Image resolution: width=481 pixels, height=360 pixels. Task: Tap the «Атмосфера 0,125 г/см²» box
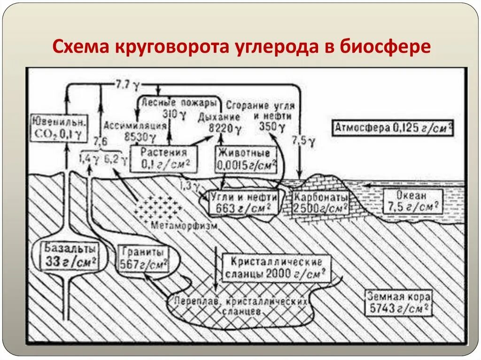(393, 127)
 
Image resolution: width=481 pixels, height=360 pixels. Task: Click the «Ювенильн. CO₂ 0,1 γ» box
(59, 128)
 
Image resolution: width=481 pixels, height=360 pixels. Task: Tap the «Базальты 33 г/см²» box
(71, 254)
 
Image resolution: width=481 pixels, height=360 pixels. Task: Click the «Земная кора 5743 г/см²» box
(398, 303)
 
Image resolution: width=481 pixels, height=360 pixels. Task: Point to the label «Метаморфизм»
(185, 225)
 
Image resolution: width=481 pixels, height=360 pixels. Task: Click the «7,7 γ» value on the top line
(128, 85)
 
